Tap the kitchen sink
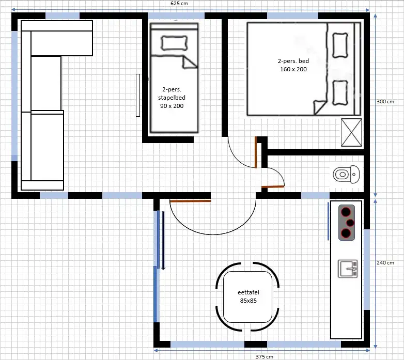(348, 269)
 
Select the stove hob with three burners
(347, 223)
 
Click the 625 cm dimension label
(179, 3)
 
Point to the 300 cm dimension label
(385, 101)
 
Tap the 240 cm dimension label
(385, 263)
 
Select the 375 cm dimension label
(265, 357)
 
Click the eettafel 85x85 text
(248, 296)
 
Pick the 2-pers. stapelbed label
(172, 93)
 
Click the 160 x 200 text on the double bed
(293, 69)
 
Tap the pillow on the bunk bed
(174, 43)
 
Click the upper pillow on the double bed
(340, 45)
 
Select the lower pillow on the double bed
(340, 93)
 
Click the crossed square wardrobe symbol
(351, 133)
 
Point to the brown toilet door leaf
(273, 186)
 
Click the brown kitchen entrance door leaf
(191, 201)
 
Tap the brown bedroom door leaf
(256, 152)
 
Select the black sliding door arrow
(163, 241)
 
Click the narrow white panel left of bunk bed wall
(138, 95)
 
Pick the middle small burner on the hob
(350, 223)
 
